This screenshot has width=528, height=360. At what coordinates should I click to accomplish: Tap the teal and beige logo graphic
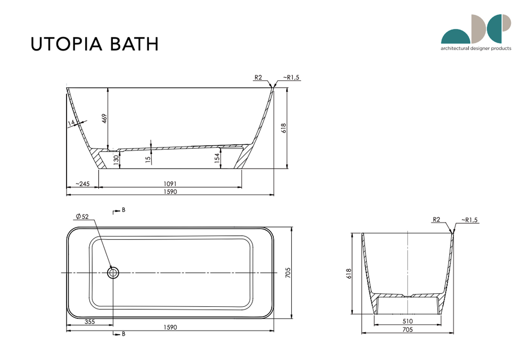[476, 29]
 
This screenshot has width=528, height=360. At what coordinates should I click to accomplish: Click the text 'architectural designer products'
[476, 48]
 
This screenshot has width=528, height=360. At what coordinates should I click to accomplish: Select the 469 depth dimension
[104, 118]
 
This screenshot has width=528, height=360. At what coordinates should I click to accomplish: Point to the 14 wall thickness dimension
[72, 123]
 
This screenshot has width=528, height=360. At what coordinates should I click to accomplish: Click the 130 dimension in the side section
[116, 160]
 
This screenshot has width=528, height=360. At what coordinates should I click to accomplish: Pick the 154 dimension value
[217, 158]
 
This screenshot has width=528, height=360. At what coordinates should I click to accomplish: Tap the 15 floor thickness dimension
[148, 160]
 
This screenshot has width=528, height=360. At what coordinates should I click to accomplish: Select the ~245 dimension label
[82, 184]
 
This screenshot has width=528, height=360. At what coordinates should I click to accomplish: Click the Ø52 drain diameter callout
[82, 217]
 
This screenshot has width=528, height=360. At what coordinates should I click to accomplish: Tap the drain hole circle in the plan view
[113, 272]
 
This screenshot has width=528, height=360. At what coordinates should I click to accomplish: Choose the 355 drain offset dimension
[90, 321]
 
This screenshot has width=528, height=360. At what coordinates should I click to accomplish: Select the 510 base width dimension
[407, 321]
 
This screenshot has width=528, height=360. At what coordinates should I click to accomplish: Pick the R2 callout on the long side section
[258, 77]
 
